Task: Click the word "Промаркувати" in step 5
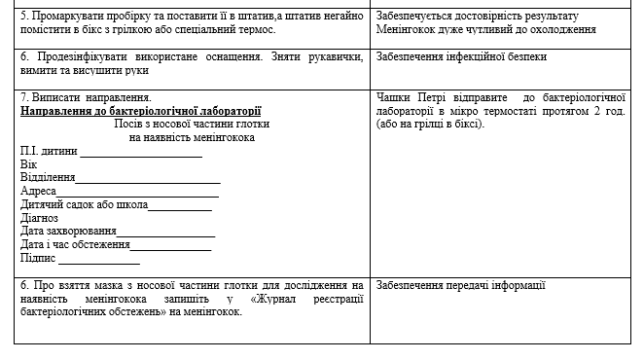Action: coord(69,17)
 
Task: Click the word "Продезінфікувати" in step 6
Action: coord(81,56)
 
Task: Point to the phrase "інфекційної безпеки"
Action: coord(497,56)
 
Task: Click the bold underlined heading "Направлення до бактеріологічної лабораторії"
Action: coord(141,111)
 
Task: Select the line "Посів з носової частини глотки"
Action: coord(191,125)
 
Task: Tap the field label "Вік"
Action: coord(28,165)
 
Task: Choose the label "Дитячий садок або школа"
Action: coord(84,205)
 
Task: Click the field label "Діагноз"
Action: coord(39,218)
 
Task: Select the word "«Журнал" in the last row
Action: coord(276,299)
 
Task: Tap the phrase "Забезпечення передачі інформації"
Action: coord(460,285)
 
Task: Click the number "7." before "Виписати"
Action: coord(24,97)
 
